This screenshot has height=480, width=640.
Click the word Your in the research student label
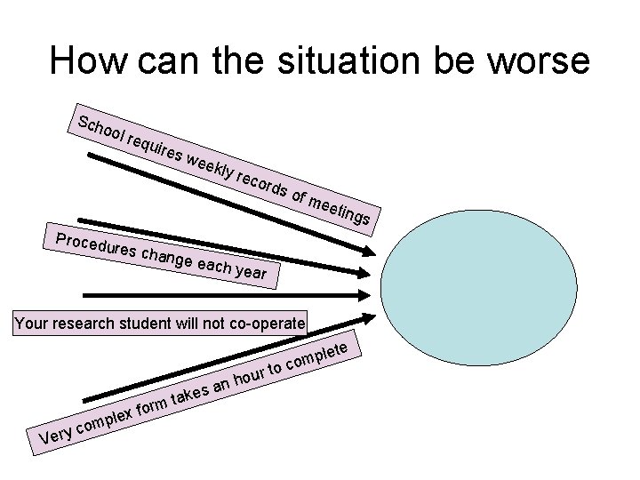(31, 323)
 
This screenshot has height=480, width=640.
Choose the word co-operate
(265, 323)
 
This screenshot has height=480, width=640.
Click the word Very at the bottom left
(57, 434)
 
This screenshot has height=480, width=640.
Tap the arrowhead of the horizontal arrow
(364, 294)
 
